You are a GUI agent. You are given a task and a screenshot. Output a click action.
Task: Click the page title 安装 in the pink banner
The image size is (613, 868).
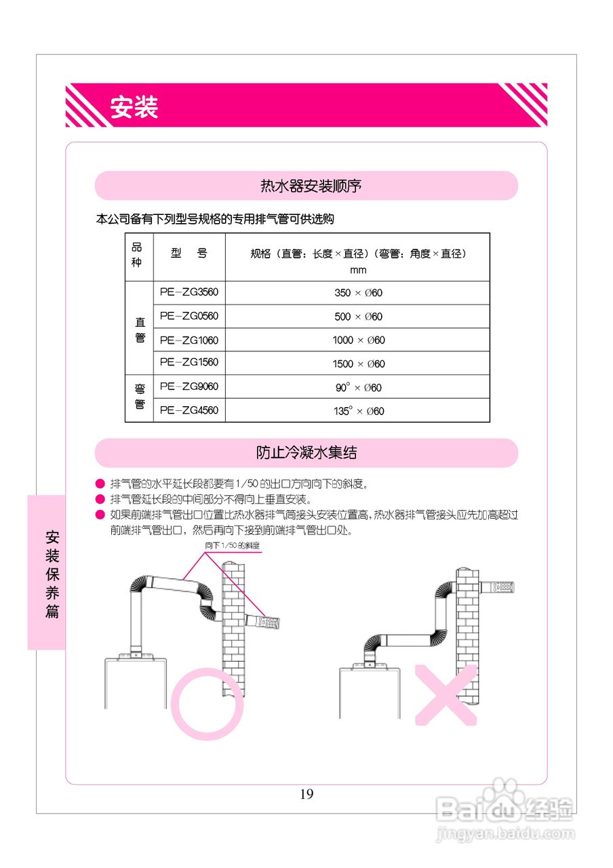coord(134,106)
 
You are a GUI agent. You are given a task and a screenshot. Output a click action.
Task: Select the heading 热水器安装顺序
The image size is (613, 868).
coord(306,185)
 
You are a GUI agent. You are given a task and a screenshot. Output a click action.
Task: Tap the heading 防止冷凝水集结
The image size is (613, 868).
coord(306,452)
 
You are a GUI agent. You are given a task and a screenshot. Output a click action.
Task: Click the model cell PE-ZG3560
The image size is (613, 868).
coord(189,292)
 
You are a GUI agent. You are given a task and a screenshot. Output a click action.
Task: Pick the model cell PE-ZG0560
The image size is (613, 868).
coord(189,316)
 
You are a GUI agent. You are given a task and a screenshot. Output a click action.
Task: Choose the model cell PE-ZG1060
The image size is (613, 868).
coord(189,340)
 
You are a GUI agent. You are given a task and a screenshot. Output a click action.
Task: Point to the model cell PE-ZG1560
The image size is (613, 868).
coord(189,363)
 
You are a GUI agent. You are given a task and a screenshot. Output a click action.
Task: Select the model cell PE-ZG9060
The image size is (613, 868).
coord(189,387)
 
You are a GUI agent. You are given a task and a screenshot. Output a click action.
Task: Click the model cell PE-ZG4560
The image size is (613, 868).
coord(189,410)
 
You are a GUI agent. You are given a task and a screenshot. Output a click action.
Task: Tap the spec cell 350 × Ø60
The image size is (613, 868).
coord(359,293)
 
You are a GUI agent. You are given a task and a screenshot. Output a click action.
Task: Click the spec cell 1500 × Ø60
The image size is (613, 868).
coord(359,364)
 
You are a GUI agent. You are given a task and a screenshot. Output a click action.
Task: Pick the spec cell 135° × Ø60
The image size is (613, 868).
coord(359,411)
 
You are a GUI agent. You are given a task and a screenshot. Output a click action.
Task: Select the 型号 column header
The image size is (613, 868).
coord(189,254)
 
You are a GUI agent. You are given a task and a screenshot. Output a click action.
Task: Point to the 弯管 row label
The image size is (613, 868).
coord(140,397)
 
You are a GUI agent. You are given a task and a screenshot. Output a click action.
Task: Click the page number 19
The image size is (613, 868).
coord(306,794)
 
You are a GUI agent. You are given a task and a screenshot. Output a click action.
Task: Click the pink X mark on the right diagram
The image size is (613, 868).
coord(446,694)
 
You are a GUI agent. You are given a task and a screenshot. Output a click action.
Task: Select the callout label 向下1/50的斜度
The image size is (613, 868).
coord(233,545)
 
